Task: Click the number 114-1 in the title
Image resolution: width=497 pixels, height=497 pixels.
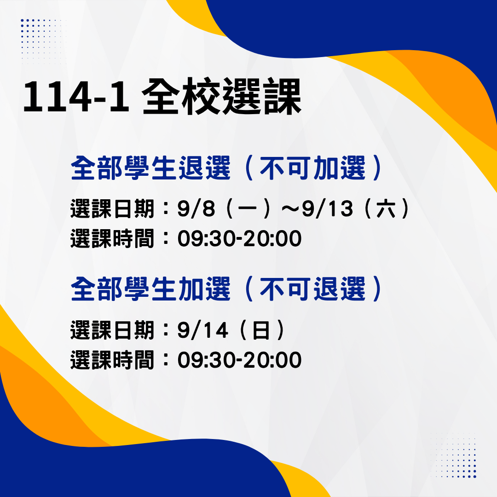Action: tap(76, 97)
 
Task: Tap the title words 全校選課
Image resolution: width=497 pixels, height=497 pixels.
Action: tap(221, 96)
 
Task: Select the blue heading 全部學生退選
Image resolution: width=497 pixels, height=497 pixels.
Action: tap(150, 168)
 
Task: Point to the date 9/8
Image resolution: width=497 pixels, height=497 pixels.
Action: tap(196, 208)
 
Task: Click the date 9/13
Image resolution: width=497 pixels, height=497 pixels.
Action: tap(327, 208)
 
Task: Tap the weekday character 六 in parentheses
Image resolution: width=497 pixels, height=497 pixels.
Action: tap(386, 208)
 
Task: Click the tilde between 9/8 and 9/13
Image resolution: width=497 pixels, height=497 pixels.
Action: tap(290, 209)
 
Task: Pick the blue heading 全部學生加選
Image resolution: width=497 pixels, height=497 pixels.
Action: tap(150, 289)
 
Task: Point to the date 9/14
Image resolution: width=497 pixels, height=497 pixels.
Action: tap(202, 330)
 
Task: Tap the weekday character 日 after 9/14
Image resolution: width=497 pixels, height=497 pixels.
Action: tap(261, 330)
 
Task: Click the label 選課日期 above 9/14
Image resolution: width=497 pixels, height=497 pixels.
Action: tap(112, 330)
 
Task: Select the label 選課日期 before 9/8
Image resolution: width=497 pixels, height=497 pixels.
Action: tap(112, 208)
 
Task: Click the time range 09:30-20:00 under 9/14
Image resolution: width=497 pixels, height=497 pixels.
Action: tap(239, 360)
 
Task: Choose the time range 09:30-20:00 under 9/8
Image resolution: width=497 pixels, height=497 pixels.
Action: tap(239, 238)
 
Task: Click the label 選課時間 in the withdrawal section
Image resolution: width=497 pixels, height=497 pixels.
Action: tap(112, 238)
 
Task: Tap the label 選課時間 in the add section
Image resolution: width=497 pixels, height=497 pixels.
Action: tap(112, 360)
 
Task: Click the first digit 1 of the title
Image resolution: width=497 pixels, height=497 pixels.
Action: tap(33, 97)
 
